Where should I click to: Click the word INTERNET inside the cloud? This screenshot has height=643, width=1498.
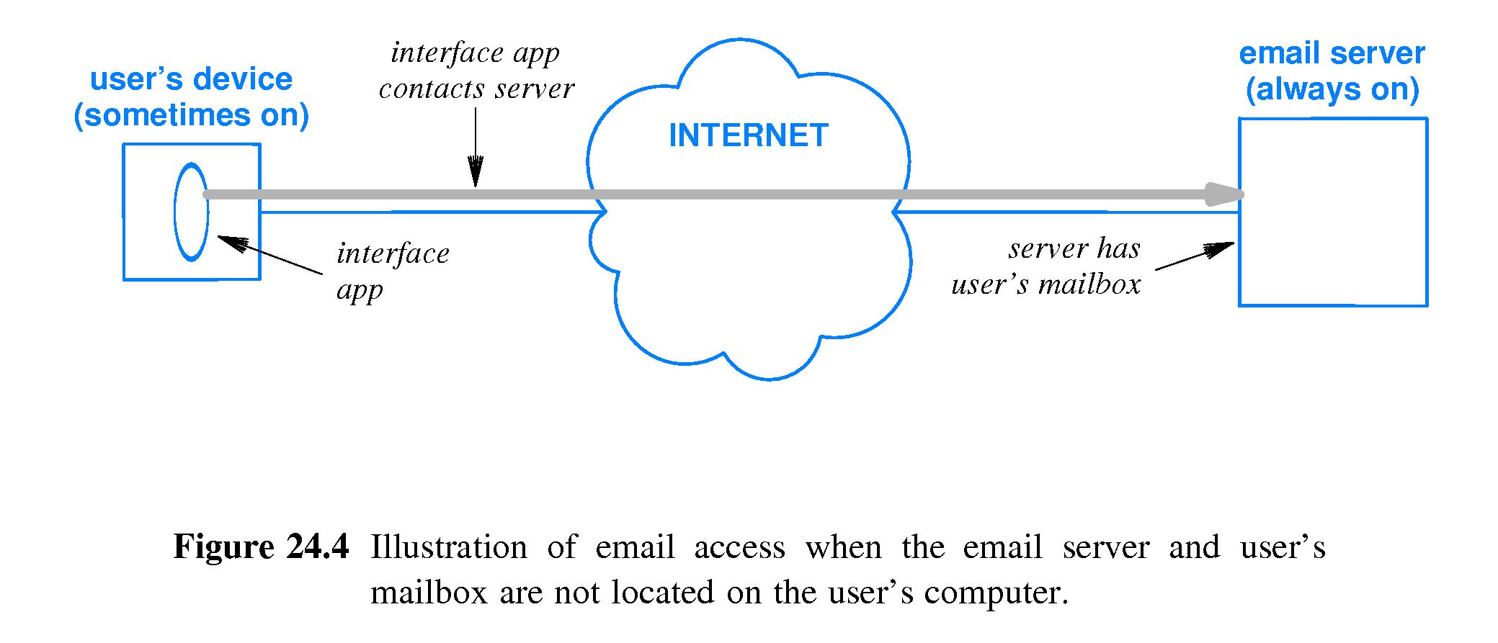pos(748,136)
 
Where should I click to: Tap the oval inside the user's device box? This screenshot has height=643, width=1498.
pos(191,212)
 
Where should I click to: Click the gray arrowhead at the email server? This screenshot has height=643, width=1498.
pos(1225,194)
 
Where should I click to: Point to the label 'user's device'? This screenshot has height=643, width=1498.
pos(191,79)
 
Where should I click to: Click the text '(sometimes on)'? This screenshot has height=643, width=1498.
pos(191,115)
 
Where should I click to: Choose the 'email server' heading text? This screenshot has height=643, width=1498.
pos(1332,54)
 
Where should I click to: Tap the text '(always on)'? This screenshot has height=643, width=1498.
pos(1332,90)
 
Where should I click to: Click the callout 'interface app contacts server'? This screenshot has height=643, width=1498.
pos(476,71)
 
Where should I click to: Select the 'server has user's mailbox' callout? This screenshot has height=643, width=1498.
pos(1046,266)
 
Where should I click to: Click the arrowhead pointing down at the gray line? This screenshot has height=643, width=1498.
pos(476,173)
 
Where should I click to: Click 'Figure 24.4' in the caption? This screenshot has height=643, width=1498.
pos(261,547)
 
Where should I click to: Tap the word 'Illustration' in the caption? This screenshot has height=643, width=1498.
pos(448,547)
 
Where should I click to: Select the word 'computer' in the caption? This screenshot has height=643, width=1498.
pos(994,593)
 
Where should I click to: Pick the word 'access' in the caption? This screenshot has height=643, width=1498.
pos(739,547)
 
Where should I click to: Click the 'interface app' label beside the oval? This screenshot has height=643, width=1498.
pos(392,272)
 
